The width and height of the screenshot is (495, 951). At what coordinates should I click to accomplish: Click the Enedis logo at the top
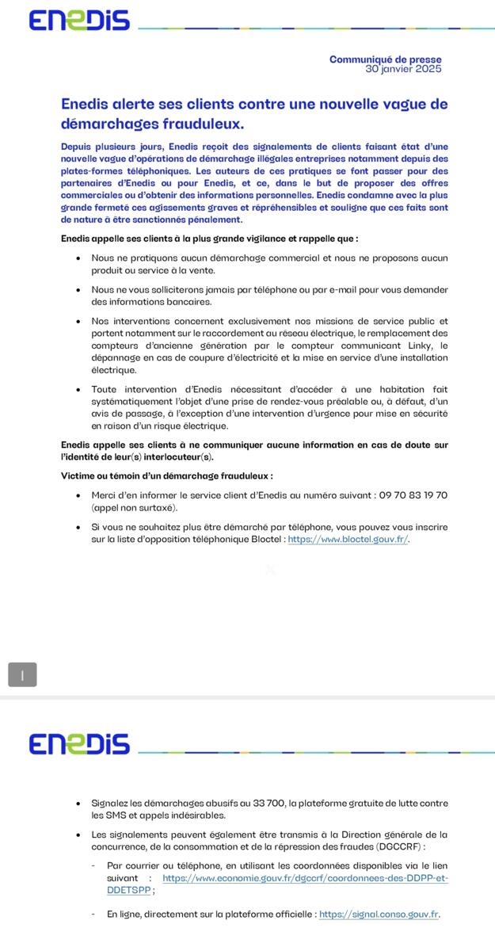coord(78,21)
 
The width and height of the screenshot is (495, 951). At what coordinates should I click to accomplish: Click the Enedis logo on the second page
coord(78,744)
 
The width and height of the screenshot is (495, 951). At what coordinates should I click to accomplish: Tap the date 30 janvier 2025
coord(403,69)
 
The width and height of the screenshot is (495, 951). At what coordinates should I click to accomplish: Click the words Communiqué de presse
coord(385,59)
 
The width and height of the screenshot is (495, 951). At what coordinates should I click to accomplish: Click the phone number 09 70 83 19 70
coord(413,495)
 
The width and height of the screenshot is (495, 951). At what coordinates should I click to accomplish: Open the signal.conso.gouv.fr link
coord(379,914)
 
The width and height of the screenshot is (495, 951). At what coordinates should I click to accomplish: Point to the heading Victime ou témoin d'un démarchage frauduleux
coord(167,475)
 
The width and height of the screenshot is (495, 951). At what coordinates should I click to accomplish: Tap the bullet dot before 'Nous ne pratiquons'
coord(78,258)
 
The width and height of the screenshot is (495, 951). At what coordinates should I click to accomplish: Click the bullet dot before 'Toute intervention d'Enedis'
coord(78,390)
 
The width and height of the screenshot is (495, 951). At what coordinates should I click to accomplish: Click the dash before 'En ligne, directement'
coord(94,914)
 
